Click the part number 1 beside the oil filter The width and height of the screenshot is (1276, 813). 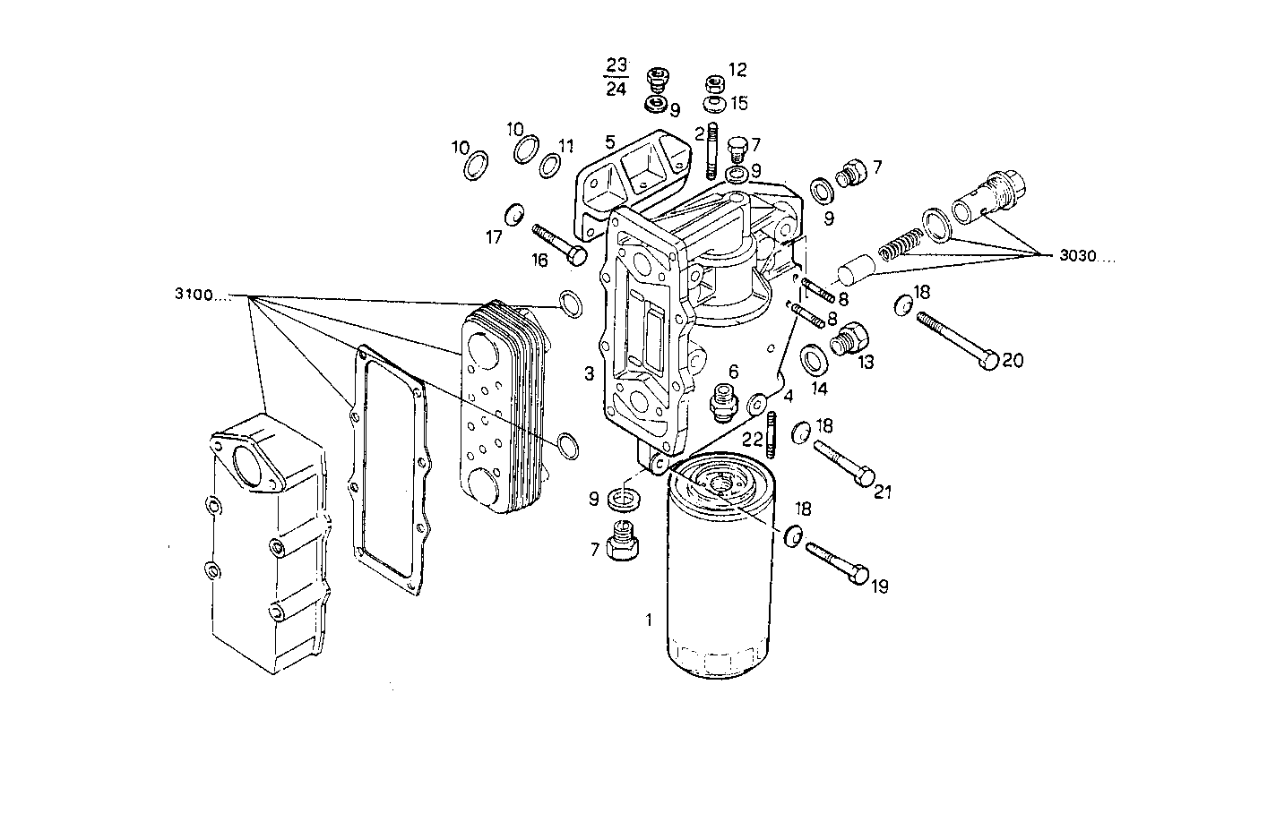(649, 619)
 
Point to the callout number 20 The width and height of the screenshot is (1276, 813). (1012, 361)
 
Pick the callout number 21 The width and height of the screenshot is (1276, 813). (884, 492)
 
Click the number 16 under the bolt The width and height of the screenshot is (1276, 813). (539, 261)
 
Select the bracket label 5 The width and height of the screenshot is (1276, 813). (609, 141)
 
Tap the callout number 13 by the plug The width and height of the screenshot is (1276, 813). (865, 362)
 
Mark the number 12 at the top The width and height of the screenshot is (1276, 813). (737, 70)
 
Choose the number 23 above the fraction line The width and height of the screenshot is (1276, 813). (616, 64)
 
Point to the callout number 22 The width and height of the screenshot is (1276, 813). (753, 439)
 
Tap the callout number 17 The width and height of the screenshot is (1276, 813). (494, 238)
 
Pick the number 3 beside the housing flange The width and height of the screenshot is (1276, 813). (588, 373)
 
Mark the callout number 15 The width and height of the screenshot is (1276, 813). (738, 103)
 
